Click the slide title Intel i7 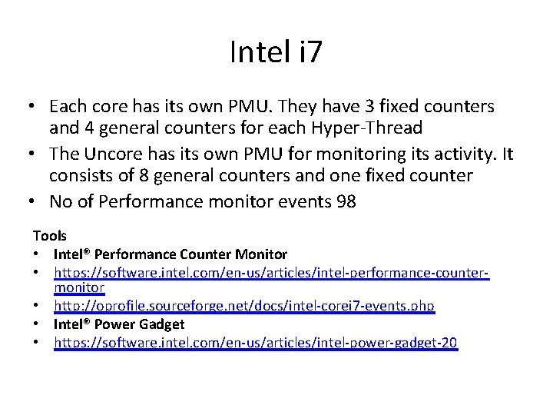pos(276,52)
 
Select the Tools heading pos(50,236)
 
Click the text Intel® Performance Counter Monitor pos(171,254)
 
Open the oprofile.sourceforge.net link pos(244,306)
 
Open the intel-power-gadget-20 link pos(256,341)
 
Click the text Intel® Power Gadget pos(119,324)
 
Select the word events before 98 pos(311,202)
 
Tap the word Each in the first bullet pos(67,106)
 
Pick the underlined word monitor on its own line pos(79,288)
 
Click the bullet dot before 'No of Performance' pos(37,202)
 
